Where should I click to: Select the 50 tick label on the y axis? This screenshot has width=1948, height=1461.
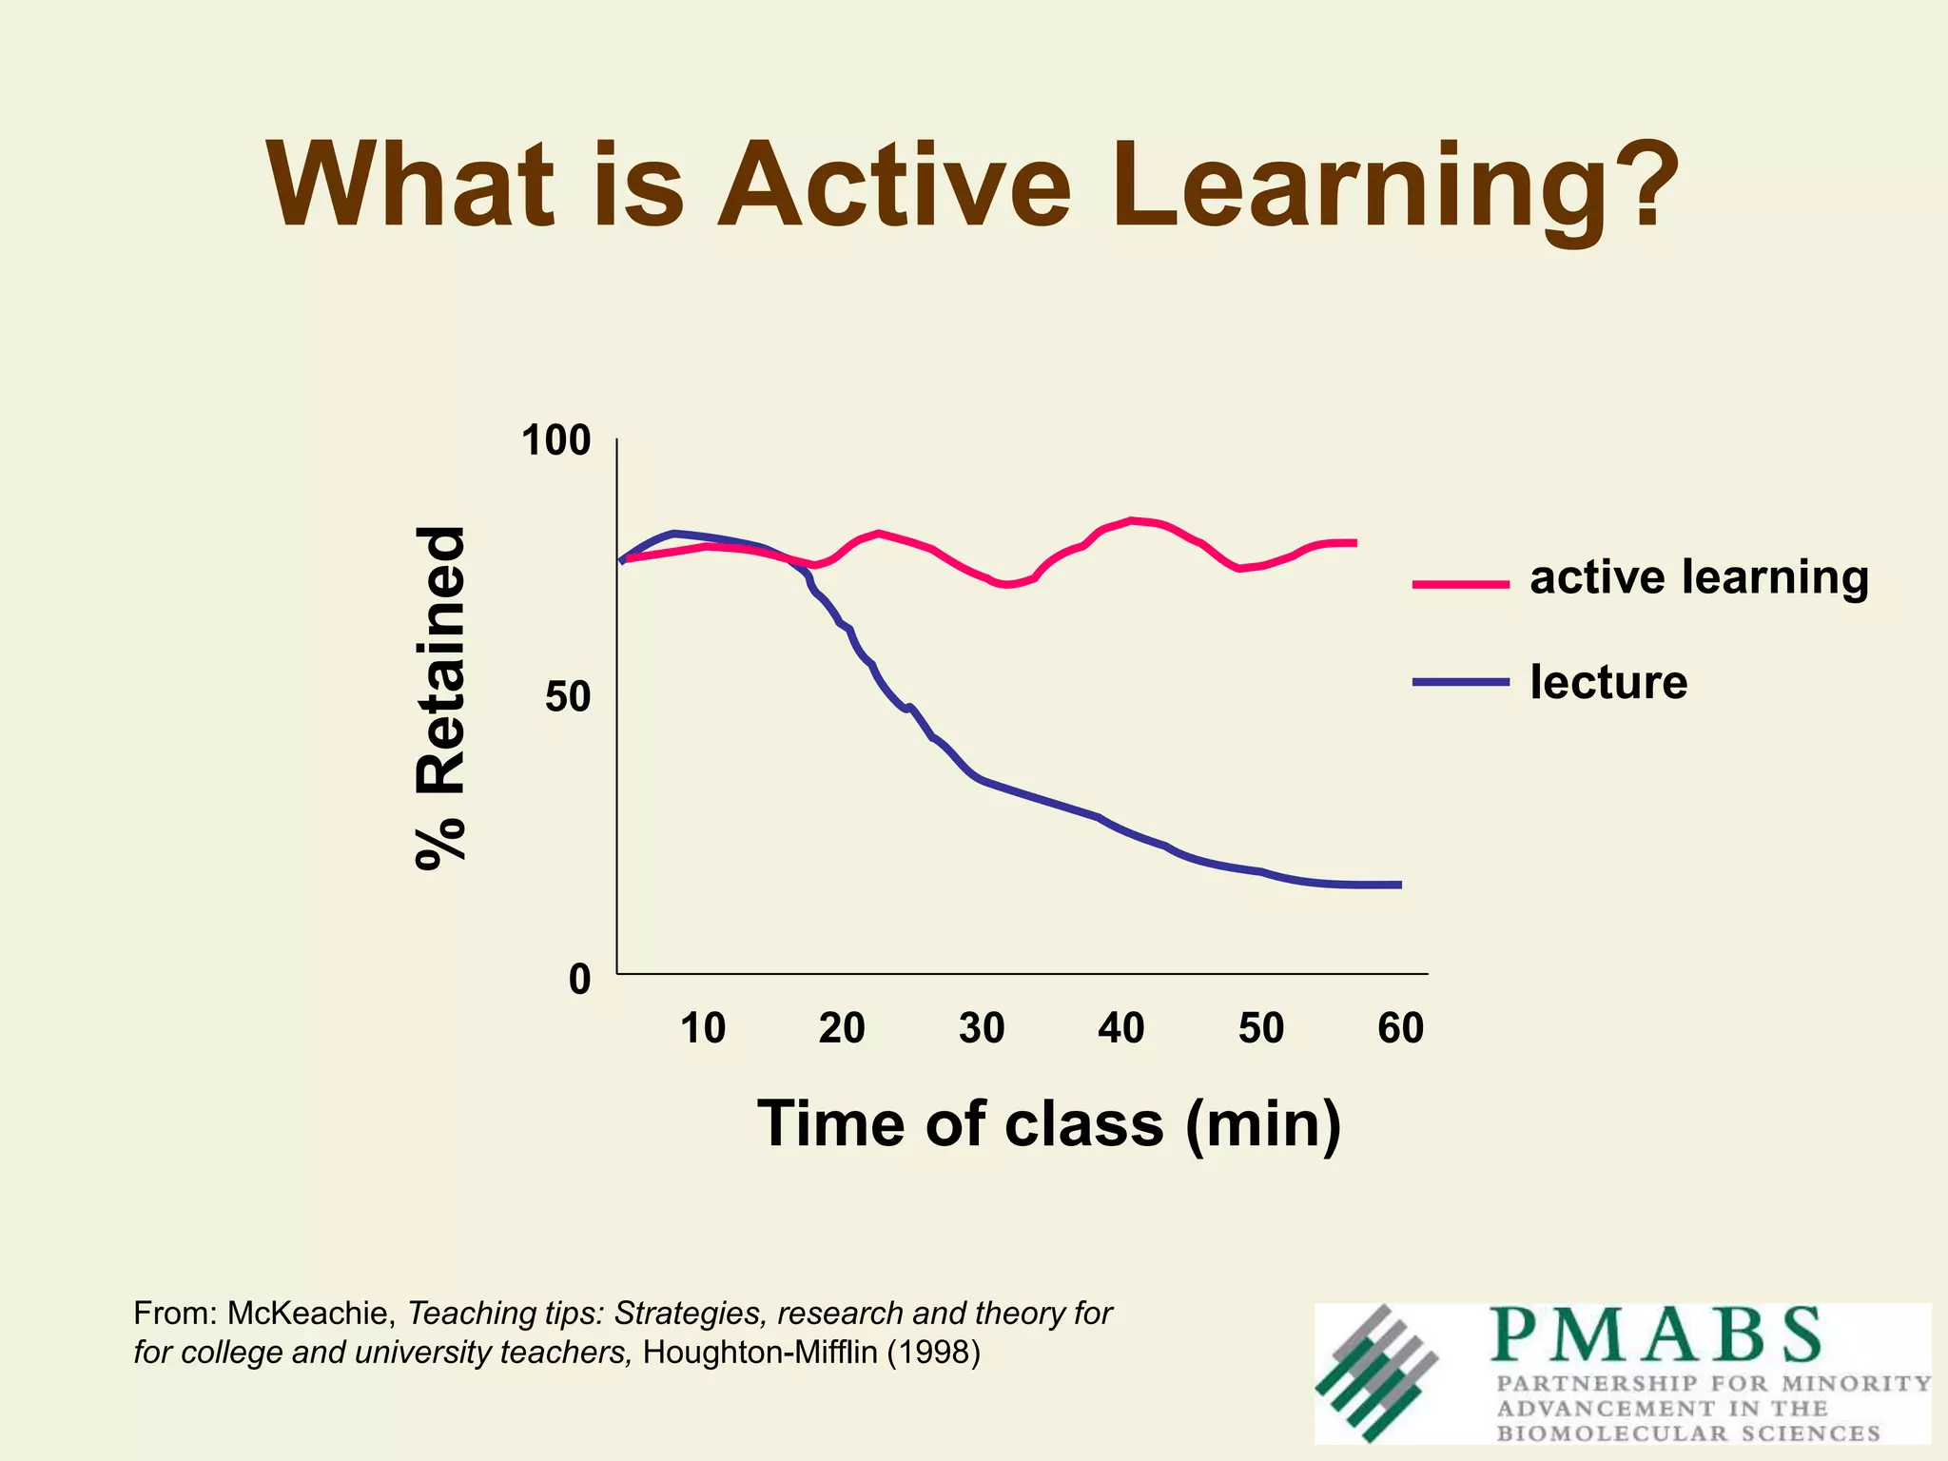[x=568, y=699]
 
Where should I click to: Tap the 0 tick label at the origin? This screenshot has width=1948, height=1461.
[x=579, y=979]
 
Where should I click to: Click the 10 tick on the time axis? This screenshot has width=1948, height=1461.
[x=703, y=1029]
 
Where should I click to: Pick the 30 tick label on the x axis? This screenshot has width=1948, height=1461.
[x=982, y=1029]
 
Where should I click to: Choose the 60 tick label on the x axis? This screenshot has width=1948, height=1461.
[x=1400, y=1029]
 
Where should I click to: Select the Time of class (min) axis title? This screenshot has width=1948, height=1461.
[x=1049, y=1124]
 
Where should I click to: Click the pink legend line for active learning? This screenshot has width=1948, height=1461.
[x=1461, y=584]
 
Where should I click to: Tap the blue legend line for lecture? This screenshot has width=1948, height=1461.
[x=1461, y=682]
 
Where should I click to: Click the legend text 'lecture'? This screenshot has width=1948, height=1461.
[x=1608, y=682]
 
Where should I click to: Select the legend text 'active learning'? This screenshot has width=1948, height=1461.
[x=1699, y=577]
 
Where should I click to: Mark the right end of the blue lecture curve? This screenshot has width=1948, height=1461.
[x=1398, y=885]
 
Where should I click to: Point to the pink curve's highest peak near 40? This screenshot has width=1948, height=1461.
[x=1131, y=520]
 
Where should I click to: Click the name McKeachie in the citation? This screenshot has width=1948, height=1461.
[x=310, y=1314]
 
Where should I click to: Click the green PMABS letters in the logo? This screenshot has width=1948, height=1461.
[x=1656, y=1335]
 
